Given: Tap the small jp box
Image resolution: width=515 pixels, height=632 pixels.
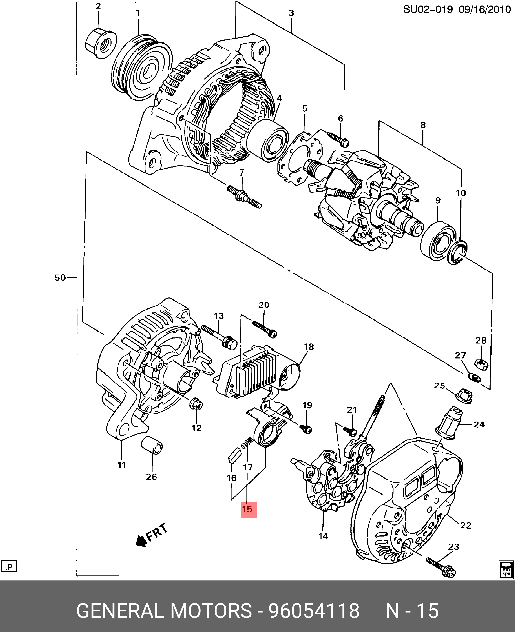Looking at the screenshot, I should point(9,566).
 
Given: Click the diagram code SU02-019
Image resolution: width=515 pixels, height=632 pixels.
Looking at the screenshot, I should point(428,10).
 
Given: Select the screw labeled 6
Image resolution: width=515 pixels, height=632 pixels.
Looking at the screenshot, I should point(339,139).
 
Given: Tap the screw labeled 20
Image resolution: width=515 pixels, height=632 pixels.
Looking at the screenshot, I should point(265,328).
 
